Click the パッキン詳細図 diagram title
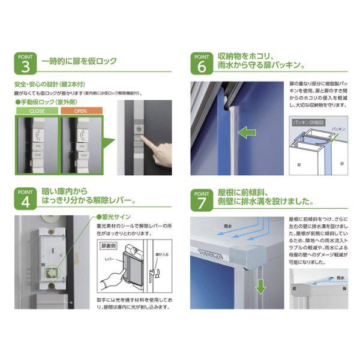[x=308, y=122]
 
